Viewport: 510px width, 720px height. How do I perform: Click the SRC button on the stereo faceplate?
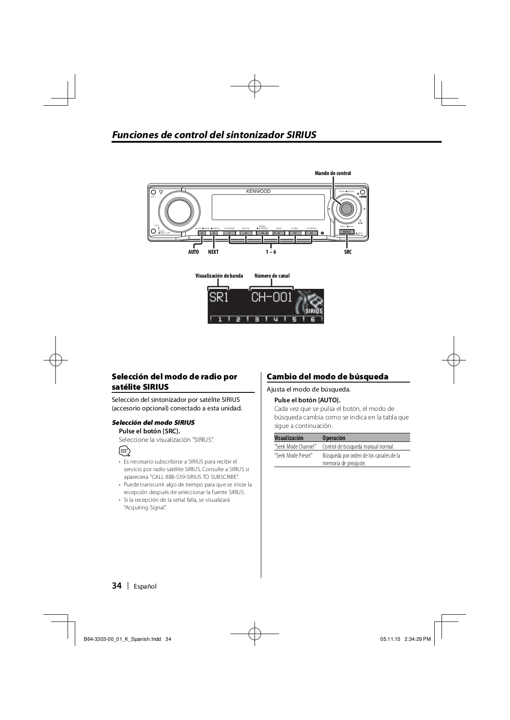346,232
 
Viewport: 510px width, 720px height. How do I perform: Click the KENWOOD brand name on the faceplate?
258,191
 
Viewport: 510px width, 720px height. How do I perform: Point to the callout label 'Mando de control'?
332,173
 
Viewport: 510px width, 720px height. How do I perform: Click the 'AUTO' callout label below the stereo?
193,252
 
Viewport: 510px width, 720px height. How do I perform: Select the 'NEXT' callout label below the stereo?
213,252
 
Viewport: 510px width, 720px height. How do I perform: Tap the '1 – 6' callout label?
270,252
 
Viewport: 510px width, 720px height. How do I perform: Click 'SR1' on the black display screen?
219,298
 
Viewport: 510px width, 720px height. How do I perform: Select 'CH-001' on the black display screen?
271,297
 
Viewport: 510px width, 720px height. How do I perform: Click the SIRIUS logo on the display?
314,310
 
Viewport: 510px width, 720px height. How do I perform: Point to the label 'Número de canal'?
272,276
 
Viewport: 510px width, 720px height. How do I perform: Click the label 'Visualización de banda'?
219,276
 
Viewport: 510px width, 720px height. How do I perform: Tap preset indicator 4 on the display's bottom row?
275,319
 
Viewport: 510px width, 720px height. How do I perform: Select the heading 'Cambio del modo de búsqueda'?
328,377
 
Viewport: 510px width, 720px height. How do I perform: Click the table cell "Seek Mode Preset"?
293,455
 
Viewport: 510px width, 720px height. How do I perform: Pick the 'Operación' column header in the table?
334,438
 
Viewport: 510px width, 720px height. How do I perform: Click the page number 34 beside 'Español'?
117,585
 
